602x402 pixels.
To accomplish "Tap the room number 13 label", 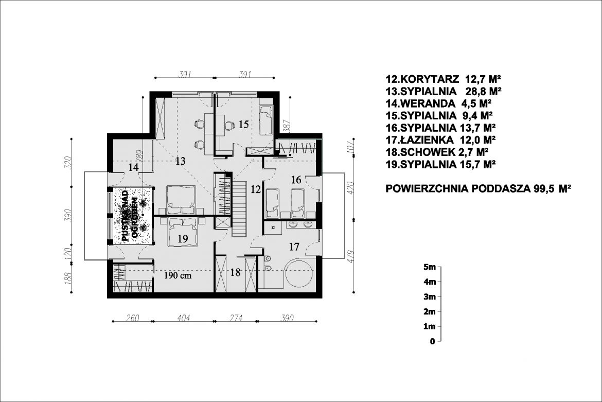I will (180, 162).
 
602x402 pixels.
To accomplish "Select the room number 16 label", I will (295, 180).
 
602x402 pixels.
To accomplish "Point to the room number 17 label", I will (293, 247).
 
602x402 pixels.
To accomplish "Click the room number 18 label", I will (235, 273).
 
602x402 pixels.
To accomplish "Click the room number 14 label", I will (133, 167).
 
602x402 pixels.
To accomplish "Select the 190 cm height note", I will (178, 275).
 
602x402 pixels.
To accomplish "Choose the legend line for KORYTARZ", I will (443, 79).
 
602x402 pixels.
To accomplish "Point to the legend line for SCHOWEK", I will (436, 152).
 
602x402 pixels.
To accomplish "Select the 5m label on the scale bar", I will (429, 267).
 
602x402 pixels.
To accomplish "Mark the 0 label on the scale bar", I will (433, 341).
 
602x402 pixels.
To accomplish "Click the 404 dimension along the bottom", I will (183, 318).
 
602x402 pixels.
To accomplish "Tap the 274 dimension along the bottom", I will (235, 318).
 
